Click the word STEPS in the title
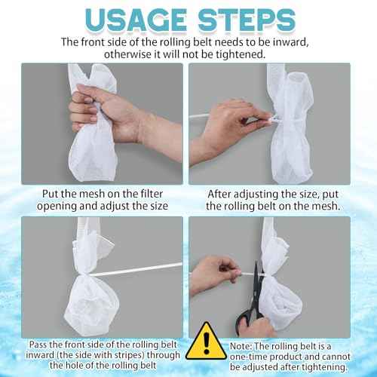tap(247, 20)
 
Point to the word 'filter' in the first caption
tap(152, 194)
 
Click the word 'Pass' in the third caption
tap(38, 345)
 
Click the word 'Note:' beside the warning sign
tap(241, 346)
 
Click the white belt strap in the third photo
tap(136, 269)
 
